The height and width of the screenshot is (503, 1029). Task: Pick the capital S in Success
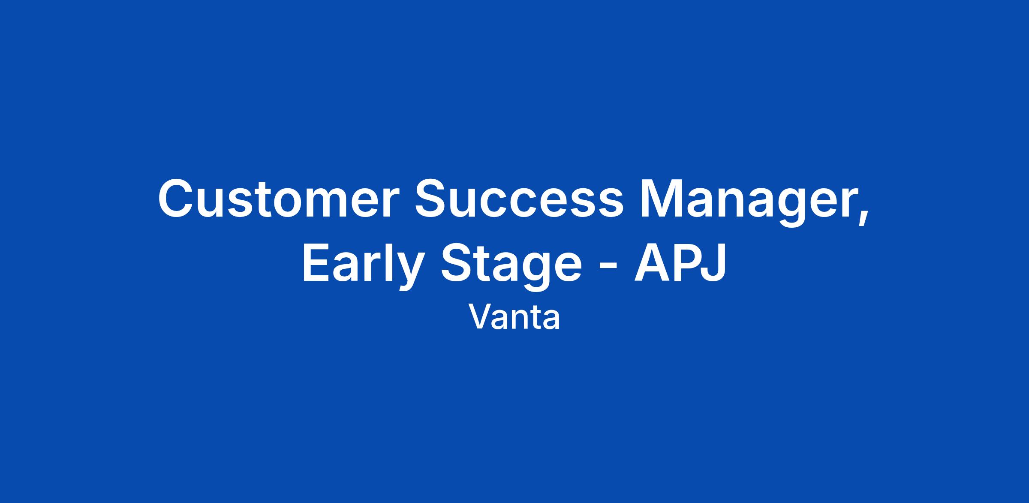[x=432, y=198]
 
